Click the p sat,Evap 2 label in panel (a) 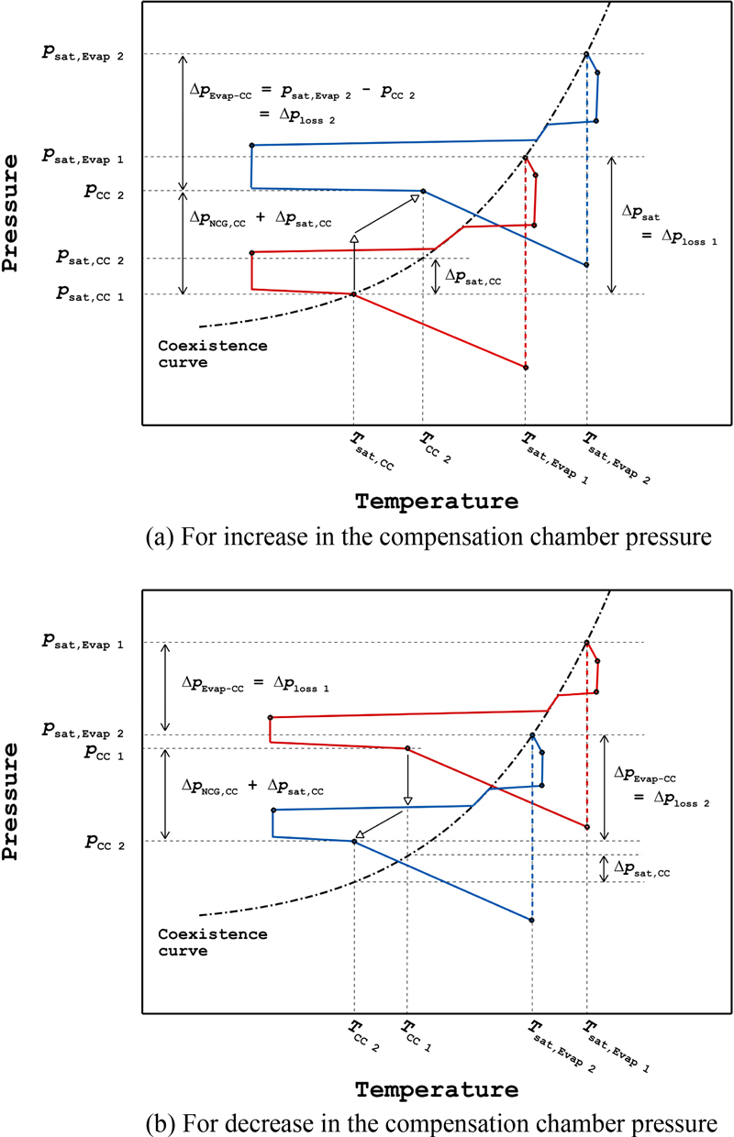pos(87,55)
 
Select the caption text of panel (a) pos(428,536)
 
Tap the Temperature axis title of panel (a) pos(436,502)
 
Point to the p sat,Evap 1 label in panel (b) pos(87,644)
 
